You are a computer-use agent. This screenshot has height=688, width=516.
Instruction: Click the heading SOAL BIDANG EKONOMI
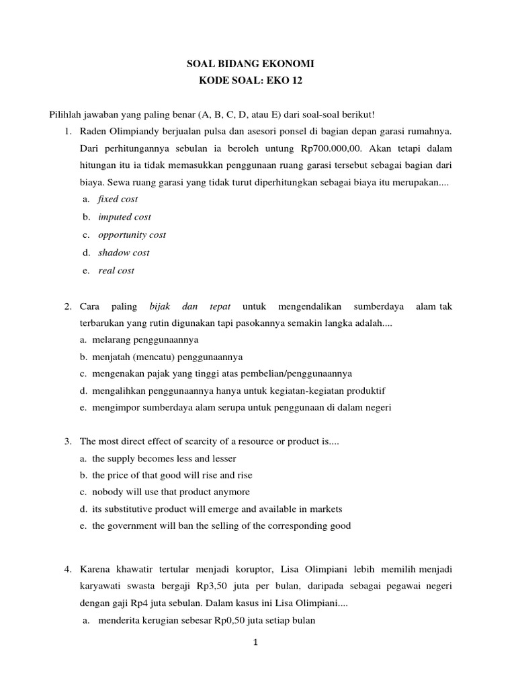point(250,64)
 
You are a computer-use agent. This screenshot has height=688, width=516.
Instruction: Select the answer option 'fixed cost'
point(118,199)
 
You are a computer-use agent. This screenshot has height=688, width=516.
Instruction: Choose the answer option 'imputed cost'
point(124,217)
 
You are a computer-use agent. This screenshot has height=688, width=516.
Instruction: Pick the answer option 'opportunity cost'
point(132,234)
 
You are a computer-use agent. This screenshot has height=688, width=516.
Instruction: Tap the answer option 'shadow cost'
point(124,253)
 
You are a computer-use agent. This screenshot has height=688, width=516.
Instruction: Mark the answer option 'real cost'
point(116,271)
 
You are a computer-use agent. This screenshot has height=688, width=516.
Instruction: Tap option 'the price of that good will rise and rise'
point(172,475)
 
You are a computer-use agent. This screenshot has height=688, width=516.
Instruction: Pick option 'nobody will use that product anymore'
point(171,492)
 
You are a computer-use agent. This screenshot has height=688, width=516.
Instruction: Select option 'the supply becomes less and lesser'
point(164,458)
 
